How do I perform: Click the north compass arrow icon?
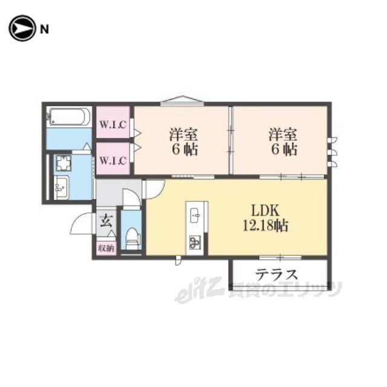pos(22,28)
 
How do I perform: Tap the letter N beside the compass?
pos(44,30)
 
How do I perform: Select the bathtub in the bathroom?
pos(70,117)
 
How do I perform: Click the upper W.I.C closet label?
pos(113,125)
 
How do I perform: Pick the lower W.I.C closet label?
pos(113,161)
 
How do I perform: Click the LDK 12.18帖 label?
pos(265,218)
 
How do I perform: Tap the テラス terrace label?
pos(276,274)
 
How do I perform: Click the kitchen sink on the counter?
pos(195,215)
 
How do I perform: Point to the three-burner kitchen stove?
pos(195,242)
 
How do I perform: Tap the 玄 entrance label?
pos(106,221)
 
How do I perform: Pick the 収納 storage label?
pos(106,248)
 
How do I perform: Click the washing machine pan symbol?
pos(63,163)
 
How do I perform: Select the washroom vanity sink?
pos(61,187)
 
